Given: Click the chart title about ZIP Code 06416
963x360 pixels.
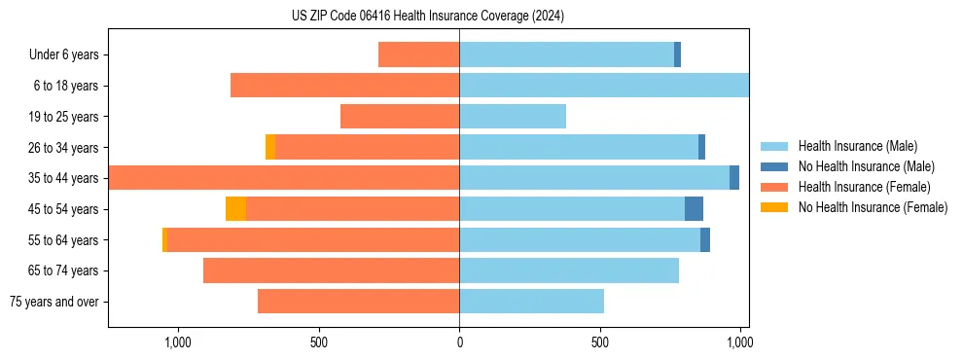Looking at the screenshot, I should (x=428, y=17).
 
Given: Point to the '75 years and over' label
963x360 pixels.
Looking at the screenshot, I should (x=54, y=302).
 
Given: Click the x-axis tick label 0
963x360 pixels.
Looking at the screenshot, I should (x=459, y=342).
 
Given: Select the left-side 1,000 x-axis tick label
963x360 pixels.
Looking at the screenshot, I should (x=178, y=342).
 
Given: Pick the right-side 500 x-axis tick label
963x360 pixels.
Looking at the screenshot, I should (x=600, y=342).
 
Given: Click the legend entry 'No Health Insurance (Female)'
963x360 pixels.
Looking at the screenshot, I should (x=873, y=207).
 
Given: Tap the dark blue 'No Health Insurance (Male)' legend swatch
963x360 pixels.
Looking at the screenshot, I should (x=774, y=167).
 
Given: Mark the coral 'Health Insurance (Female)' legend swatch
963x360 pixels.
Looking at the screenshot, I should (x=774, y=187).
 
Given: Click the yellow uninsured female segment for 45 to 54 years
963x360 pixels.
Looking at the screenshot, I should (x=235, y=209).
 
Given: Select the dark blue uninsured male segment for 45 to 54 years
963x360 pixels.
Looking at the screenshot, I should (x=694, y=209).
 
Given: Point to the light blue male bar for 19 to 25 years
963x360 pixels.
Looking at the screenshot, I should (x=513, y=117).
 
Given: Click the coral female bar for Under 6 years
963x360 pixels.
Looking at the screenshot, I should (x=418, y=55).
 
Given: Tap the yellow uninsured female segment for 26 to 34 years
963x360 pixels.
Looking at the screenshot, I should (x=270, y=148).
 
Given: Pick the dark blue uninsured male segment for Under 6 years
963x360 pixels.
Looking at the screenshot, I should (x=677, y=55).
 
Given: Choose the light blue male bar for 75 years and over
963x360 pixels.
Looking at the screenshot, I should (x=531, y=302).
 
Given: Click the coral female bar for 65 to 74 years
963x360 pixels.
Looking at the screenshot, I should (x=331, y=270).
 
